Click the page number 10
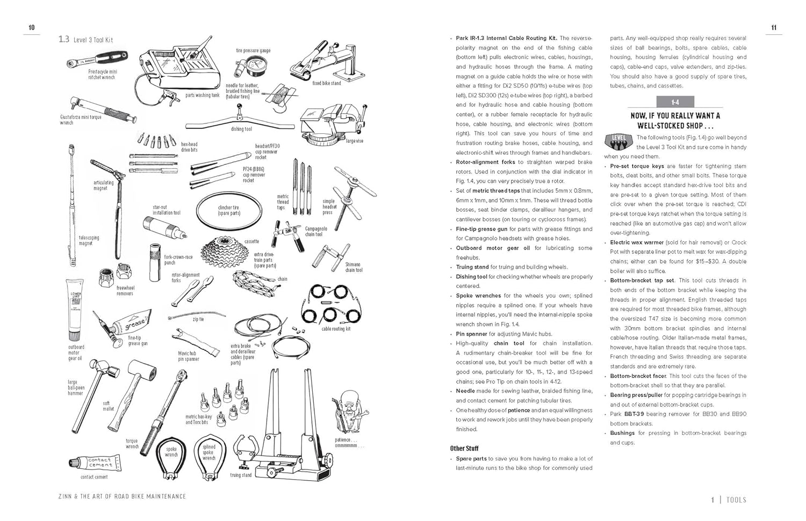tap(32, 28)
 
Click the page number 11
tap(774, 28)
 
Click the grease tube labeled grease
tap(132, 323)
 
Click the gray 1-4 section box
tap(675, 102)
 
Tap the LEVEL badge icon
tap(618, 140)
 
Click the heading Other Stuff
tap(464, 448)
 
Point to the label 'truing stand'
tap(241, 475)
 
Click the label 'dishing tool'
tap(241, 129)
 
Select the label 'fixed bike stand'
tap(327, 83)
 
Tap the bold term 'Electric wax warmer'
tap(637, 242)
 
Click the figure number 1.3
tap(64, 39)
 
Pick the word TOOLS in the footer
tap(736, 500)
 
